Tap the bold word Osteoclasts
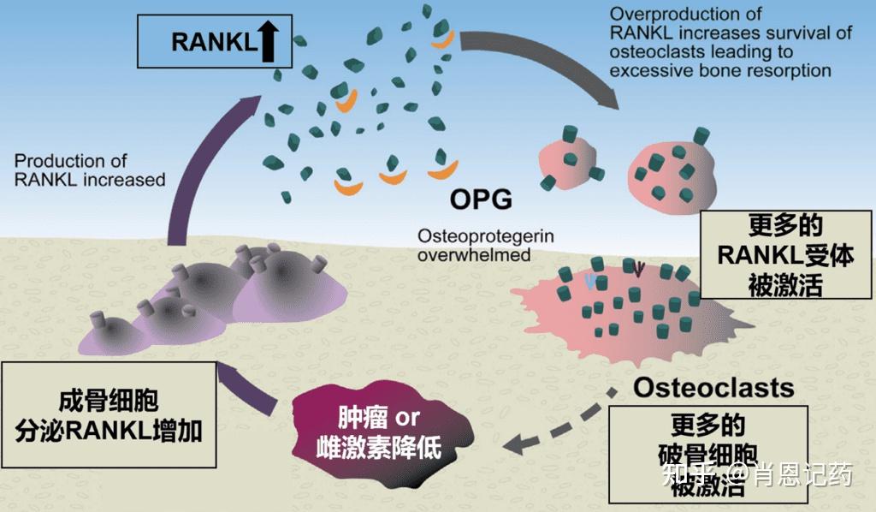pyautogui.click(x=713, y=387)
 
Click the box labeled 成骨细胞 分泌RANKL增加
pyautogui.click(x=108, y=414)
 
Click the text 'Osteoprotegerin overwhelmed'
pyautogui.click(x=474, y=244)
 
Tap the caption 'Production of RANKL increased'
pyautogui.click(x=90, y=170)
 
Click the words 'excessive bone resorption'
pyautogui.click(x=720, y=70)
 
